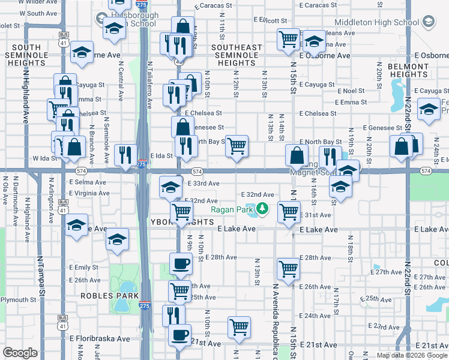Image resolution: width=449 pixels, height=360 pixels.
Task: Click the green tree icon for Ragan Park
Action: pos(262,209)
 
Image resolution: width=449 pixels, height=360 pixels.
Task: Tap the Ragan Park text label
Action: pos(231,209)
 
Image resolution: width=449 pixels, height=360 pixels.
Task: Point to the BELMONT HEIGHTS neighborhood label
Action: pos(408,70)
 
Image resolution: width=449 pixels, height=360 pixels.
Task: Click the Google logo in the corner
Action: pos(20,353)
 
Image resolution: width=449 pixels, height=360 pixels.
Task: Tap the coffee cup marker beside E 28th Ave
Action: pos(180,263)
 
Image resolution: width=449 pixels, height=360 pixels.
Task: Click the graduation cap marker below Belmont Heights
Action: pos(429,110)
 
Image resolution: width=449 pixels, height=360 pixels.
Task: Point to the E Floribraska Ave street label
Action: pos(100,338)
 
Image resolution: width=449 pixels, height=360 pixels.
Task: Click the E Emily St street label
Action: pos(84,267)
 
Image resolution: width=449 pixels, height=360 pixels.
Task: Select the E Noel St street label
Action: pos(351,91)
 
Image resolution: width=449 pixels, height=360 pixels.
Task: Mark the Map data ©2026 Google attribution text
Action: pos(411,355)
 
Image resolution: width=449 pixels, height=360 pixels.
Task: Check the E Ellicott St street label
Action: pos(271,20)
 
